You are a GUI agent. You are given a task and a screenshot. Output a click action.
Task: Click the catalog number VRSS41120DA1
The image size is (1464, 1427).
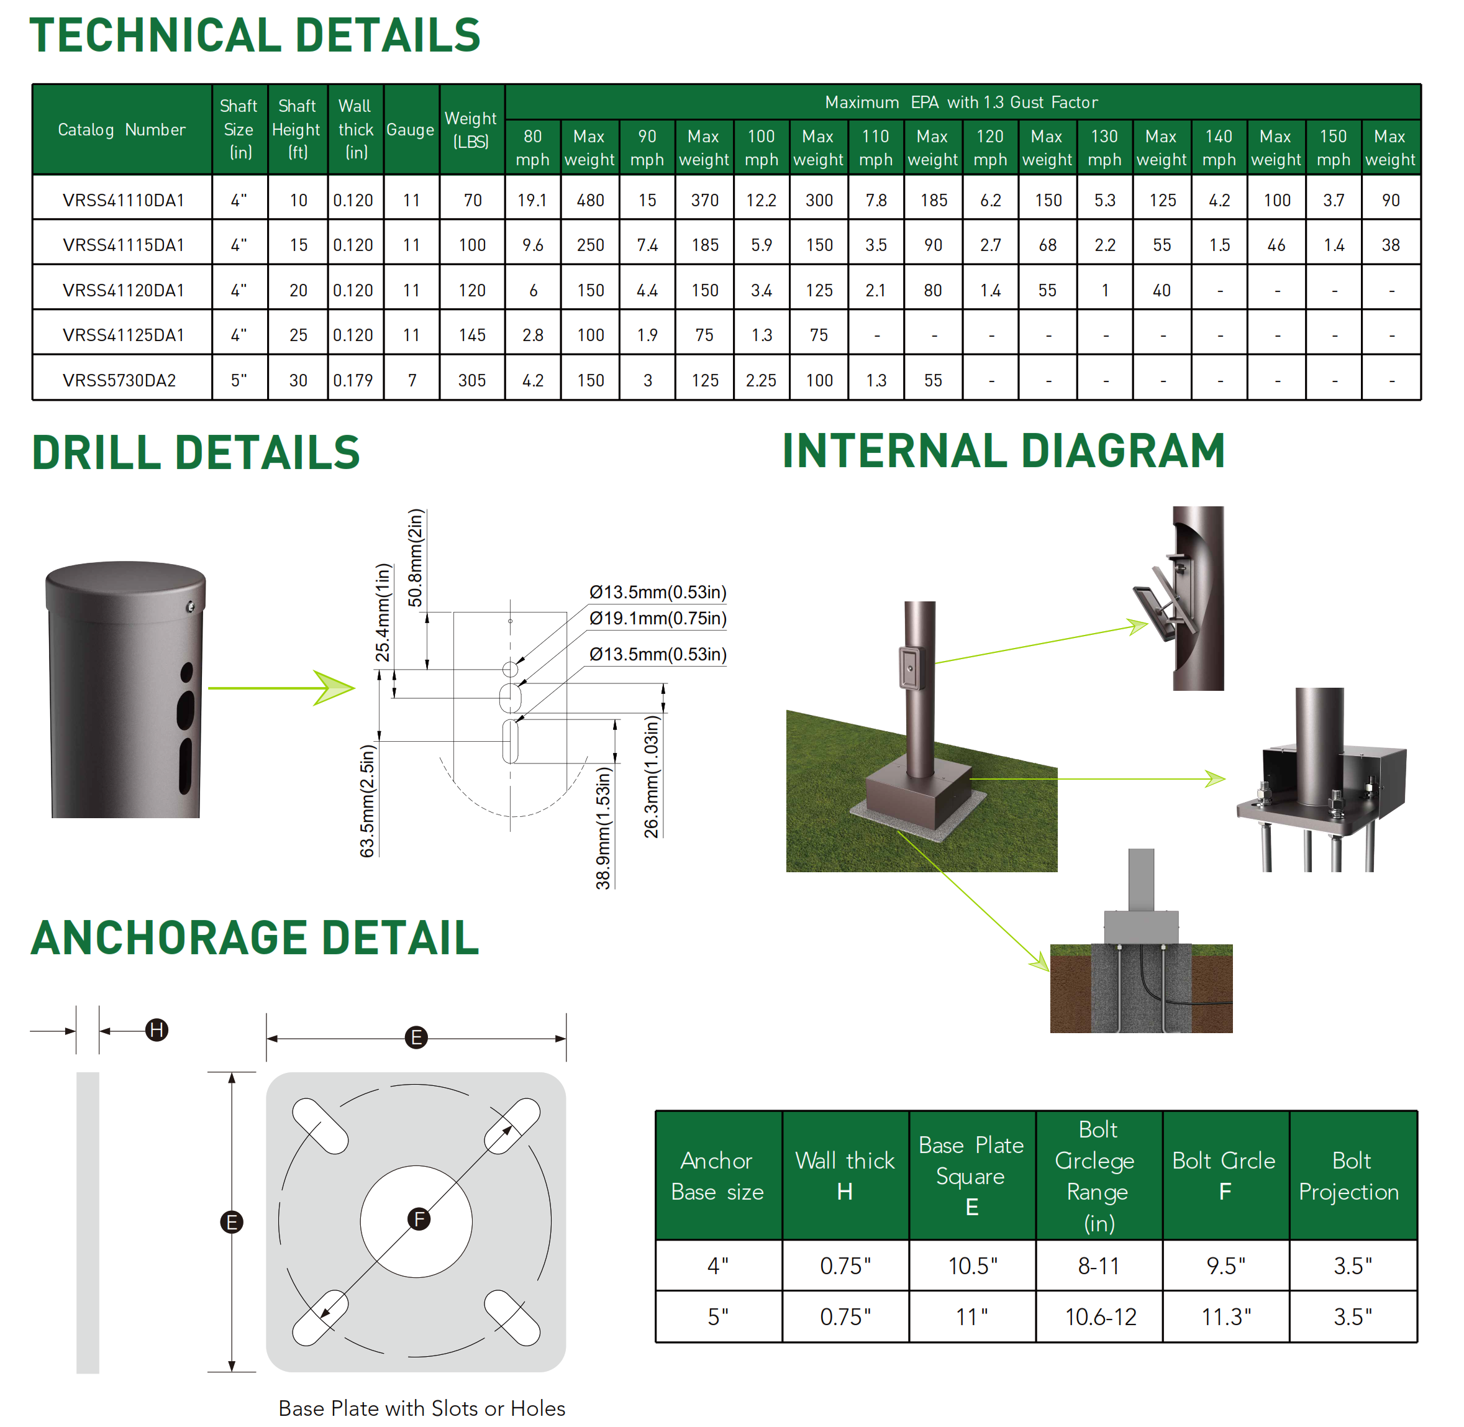(x=123, y=291)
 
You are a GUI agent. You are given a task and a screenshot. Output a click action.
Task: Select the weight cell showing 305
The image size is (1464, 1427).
(x=472, y=381)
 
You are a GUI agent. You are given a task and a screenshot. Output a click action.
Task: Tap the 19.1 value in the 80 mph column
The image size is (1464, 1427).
(x=532, y=201)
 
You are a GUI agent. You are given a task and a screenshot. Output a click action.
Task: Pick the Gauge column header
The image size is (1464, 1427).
(x=411, y=130)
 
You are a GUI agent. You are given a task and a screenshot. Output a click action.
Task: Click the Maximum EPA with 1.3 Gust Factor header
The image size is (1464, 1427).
(x=962, y=103)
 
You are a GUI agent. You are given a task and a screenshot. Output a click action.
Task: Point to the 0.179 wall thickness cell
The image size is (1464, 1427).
(x=353, y=381)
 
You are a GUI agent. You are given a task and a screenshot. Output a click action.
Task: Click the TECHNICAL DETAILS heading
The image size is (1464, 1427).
(x=255, y=35)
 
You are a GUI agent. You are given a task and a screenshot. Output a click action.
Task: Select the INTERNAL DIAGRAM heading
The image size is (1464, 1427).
(x=1003, y=451)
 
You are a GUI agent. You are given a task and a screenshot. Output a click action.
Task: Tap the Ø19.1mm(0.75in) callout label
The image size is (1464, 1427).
(x=658, y=618)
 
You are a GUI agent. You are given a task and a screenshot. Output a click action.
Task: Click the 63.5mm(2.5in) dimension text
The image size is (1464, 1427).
(x=367, y=800)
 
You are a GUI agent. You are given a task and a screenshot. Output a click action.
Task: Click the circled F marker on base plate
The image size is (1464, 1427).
(x=419, y=1220)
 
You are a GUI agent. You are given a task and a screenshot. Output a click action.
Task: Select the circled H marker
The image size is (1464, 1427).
(x=157, y=1030)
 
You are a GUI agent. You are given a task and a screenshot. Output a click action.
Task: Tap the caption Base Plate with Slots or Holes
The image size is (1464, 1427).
(x=421, y=1408)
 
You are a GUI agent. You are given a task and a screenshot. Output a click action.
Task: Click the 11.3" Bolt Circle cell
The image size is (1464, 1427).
(x=1225, y=1317)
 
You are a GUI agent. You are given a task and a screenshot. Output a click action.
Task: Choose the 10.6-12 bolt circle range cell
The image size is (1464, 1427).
(x=1100, y=1317)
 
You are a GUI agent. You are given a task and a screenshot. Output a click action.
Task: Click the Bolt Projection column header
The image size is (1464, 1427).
(x=1351, y=1176)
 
